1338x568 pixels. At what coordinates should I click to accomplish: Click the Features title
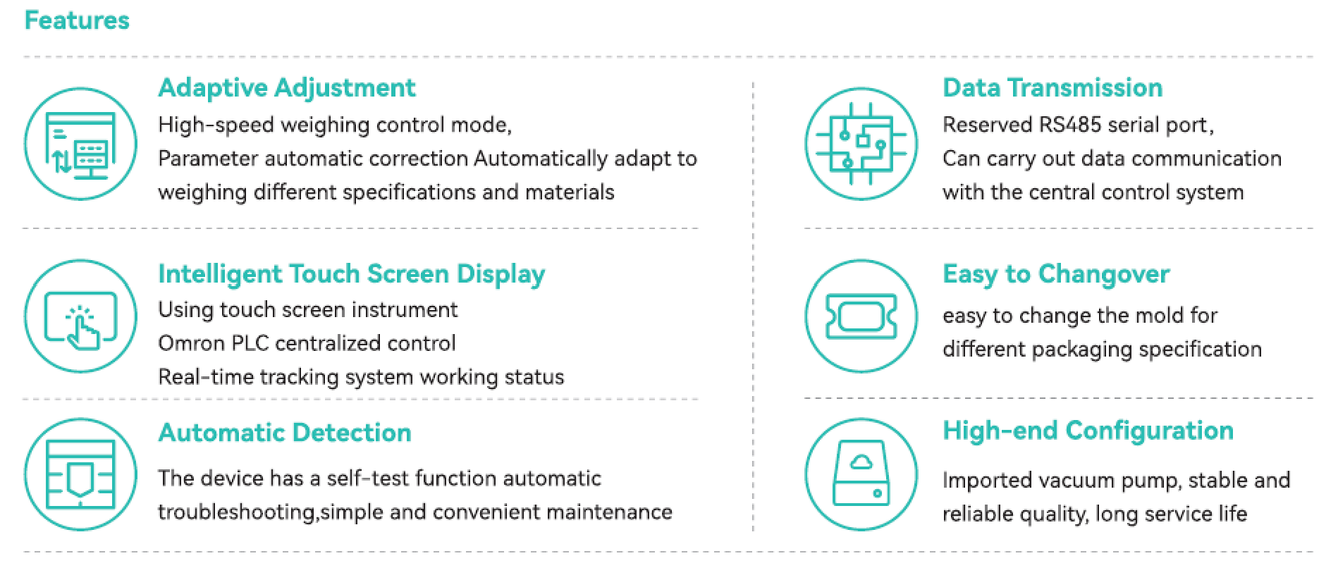[77, 20]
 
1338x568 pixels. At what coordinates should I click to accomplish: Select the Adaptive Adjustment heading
[287, 88]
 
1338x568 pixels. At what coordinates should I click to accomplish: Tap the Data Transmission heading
[1052, 88]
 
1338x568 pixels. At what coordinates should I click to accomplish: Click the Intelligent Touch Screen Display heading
[351, 274]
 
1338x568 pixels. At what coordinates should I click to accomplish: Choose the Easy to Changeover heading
[1056, 274]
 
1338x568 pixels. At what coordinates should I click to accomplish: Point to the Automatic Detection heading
[285, 433]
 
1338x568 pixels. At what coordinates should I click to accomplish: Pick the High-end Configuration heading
[1088, 431]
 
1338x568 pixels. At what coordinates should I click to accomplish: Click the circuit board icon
[861, 144]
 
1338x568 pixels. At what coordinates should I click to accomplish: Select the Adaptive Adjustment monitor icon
[81, 144]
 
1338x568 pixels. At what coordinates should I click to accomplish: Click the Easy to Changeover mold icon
[861, 316]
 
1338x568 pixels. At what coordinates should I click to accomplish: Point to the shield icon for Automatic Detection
[80, 475]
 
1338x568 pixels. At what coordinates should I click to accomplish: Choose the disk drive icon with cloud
[861, 474]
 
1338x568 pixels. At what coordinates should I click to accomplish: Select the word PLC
[250, 344]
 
